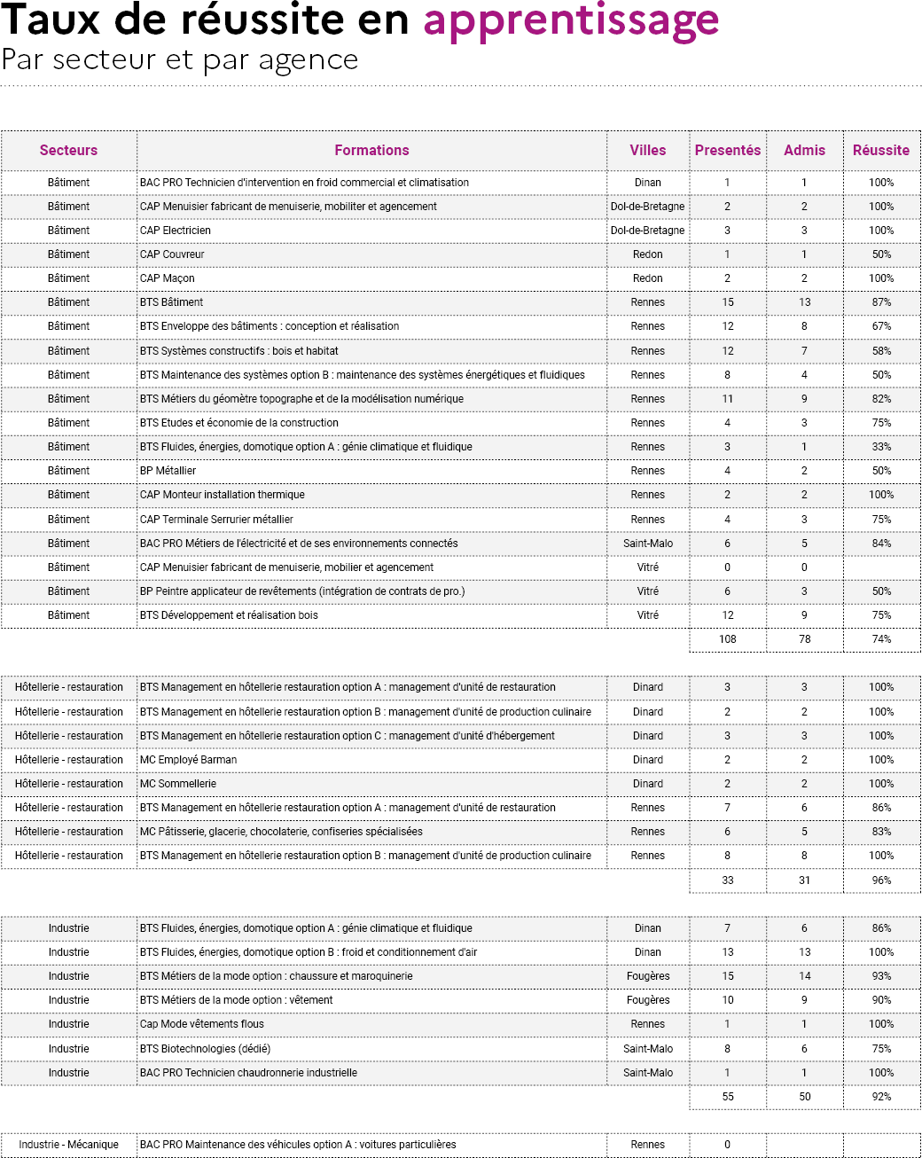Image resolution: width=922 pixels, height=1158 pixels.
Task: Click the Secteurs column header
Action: coord(68,151)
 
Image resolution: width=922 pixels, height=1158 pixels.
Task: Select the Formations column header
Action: coord(371,151)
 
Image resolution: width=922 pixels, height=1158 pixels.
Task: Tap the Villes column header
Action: coord(647,151)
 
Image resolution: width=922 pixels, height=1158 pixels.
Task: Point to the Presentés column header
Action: coord(727,151)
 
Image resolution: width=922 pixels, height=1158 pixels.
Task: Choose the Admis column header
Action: coord(804,151)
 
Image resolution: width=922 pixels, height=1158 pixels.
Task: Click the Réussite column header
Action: coord(880,151)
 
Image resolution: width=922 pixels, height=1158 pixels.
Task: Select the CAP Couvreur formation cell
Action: coord(172,254)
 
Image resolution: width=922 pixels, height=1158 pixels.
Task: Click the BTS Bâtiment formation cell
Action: coord(172,302)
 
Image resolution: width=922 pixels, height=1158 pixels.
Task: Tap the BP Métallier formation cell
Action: coord(168,471)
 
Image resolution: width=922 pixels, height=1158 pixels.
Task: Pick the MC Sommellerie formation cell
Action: coord(178,784)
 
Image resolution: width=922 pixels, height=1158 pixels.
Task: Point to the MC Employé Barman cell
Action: coord(188,760)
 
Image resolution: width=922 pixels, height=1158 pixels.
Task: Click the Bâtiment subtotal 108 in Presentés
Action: coord(727,639)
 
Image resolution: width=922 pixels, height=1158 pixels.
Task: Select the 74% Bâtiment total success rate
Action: coord(880,639)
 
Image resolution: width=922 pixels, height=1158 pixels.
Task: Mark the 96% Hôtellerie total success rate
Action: coord(880,880)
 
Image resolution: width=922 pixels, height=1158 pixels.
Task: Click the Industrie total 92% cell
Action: coord(880,1097)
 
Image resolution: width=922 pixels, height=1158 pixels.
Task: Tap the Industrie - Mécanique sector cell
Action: coord(68,1145)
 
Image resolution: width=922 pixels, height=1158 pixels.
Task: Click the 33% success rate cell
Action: coord(880,447)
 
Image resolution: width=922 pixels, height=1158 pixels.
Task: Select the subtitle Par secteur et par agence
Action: coord(180,60)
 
